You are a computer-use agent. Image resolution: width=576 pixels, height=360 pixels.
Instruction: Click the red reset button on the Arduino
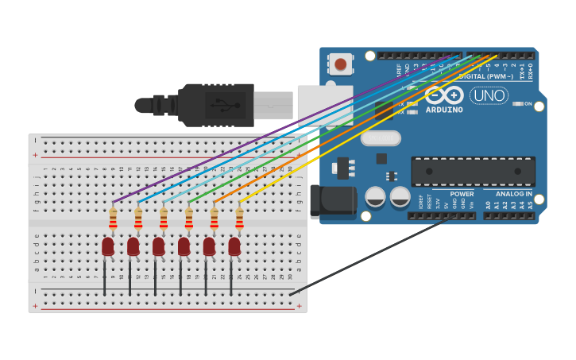(x=341, y=64)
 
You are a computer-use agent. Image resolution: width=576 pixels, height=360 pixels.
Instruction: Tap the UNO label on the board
(x=489, y=95)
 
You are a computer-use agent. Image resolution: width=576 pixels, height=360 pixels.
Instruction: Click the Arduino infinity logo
(x=443, y=95)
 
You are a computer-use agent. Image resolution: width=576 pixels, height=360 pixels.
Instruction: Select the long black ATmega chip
(x=473, y=171)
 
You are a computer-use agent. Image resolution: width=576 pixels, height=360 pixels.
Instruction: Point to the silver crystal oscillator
(x=381, y=138)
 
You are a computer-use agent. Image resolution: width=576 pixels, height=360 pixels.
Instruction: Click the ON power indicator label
(x=528, y=103)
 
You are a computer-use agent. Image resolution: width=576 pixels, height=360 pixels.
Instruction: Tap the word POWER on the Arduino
(x=462, y=194)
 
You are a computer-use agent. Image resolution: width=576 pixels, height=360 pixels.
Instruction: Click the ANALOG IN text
(x=514, y=194)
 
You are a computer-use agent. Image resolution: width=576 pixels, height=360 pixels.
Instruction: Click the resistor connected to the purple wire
(x=113, y=217)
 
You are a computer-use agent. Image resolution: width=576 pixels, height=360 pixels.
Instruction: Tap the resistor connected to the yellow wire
(x=239, y=217)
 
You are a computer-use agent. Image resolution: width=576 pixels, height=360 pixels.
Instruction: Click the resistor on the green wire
(x=188, y=217)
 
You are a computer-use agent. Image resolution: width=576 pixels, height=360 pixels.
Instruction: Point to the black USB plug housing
(x=215, y=105)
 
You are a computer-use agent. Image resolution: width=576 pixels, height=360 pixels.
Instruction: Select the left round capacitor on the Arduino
(x=375, y=196)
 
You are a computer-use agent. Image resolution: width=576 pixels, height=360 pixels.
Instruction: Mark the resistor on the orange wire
(x=214, y=217)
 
